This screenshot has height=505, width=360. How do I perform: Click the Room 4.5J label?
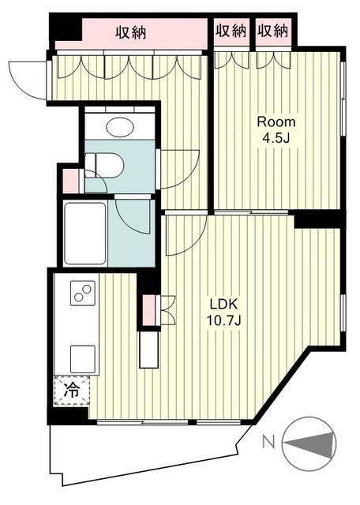[276, 129]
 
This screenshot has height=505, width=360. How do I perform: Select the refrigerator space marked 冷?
[72, 390]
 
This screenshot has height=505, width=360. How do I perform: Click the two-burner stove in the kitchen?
[83, 293]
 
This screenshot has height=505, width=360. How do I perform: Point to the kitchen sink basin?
[83, 359]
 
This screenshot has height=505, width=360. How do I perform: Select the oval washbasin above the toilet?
[120, 128]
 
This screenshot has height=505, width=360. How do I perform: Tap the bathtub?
[85, 234]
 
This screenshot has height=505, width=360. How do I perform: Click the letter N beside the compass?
[268, 442]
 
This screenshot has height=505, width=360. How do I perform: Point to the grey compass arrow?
[311, 443]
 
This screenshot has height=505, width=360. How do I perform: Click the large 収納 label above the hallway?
[131, 32]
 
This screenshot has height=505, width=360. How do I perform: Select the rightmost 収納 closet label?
[272, 31]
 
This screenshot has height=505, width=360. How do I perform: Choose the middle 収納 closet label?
[231, 31]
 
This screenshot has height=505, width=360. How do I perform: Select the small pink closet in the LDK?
[148, 310]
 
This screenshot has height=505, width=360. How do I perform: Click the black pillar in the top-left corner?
[66, 28]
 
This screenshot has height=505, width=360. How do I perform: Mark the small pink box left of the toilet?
[69, 181]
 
